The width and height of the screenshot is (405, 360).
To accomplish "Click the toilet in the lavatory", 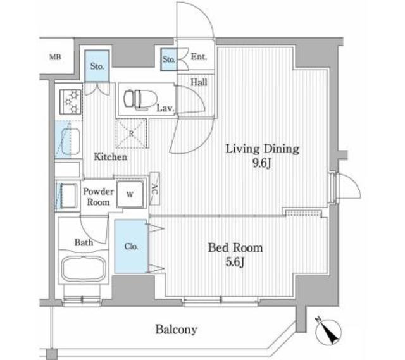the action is coord(140,99).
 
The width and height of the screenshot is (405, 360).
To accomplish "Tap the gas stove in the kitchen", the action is coord(70,101).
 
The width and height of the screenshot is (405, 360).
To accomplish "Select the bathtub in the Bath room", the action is coord(84,269).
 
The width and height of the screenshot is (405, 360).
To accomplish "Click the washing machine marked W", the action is coord(130,194).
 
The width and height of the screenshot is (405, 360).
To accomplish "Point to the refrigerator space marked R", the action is coord(131,133).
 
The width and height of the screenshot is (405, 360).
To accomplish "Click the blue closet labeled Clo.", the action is coord(131,246).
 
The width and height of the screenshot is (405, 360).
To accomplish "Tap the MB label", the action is coord(55,57).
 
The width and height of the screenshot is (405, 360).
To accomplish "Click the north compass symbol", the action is coord(328,332).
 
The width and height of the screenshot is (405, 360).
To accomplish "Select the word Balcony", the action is coord(177,330).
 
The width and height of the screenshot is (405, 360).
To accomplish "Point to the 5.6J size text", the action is coord(235,262).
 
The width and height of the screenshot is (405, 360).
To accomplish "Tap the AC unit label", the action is coord(154,189).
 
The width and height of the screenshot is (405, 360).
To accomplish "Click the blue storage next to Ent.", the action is coord(169,59).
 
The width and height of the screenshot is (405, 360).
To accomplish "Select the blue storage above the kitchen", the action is coord(97,66).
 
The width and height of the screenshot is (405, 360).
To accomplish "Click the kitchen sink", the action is coord(68,140).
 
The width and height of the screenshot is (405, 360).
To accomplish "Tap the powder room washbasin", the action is coord(68,196).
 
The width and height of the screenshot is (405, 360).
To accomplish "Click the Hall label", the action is coord(199,82).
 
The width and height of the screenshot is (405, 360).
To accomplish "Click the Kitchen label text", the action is coord(111,157).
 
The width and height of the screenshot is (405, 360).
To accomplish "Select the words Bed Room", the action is coord(235,247).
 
